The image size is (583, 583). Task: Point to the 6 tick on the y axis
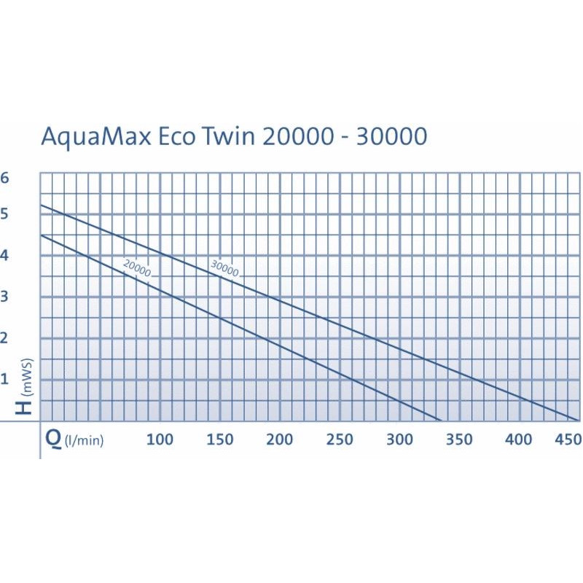6,178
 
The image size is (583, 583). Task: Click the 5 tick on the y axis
6,214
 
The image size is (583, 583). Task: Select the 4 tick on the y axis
6,255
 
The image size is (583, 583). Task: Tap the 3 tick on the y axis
6,296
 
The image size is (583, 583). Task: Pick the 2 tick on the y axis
6,337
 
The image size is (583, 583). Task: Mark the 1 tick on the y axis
6,378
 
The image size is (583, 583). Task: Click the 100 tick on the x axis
160,439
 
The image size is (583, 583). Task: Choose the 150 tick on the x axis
219,439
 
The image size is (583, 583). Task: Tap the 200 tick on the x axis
279,439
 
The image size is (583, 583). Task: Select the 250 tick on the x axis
339,439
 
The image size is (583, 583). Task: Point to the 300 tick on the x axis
399,439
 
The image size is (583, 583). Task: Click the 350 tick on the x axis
458,439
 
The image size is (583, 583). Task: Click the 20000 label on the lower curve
137,268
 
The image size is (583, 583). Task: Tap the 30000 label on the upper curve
224,267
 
